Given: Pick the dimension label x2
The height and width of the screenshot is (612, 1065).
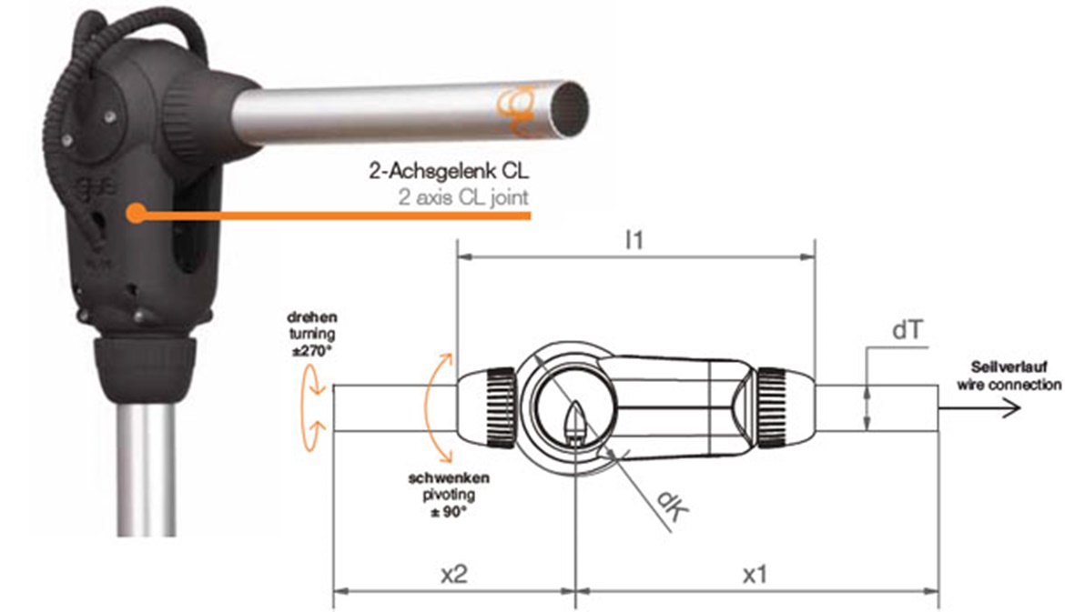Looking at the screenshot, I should [x=453, y=575].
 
